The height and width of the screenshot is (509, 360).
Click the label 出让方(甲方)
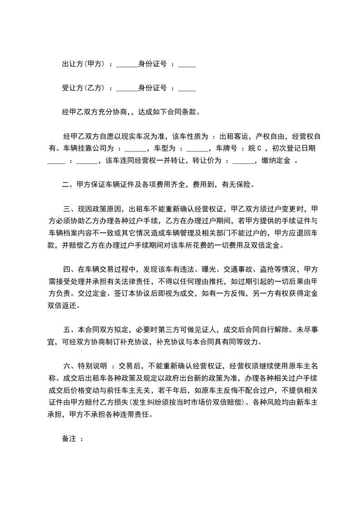84,64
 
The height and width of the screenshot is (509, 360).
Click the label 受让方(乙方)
84,88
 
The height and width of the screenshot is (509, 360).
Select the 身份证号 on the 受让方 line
152,88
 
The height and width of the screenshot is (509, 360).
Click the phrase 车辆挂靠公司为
88,148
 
